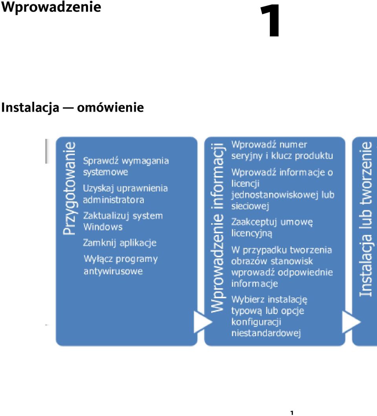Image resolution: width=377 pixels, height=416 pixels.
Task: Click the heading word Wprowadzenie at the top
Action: pyautogui.click(x=51, y=7)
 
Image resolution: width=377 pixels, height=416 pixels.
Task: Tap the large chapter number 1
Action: pyautogui.click(x=271, y=21)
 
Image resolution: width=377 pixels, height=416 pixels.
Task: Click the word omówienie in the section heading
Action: pyautogui.click(x=110, y=108)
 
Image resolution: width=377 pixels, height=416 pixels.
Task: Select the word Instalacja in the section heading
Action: pyautogui.click(x=30, y=108)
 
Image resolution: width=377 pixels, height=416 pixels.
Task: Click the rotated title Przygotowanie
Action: pyautogui.click(x=70, y=189)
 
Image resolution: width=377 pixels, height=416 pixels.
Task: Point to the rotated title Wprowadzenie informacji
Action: pyautogui.click(x=218, y=227)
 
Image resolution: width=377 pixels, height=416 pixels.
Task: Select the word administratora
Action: pyautogui.click(x=113, y=200)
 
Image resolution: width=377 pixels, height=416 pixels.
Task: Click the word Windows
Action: pyautogui.click(x=103, y=227)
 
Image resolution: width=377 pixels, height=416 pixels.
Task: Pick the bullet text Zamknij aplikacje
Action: pyautogui.click(x=120, y=243)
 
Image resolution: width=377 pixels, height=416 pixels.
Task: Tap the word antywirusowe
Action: pyautogui.click(x=113, y=271)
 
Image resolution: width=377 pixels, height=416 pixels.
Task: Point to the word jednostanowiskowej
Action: pyautogui.click(x=275, y=195)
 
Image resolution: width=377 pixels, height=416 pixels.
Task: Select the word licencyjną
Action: pyautogui.click(x=252, y=233)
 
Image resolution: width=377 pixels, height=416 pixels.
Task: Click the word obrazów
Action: pyautogui.click(x=249, y=261)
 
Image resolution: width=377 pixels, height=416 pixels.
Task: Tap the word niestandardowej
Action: pyautogui.click(x=266, y=333)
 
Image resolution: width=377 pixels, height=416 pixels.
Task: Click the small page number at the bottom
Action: pyautogui.click(x=292, y=412)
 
